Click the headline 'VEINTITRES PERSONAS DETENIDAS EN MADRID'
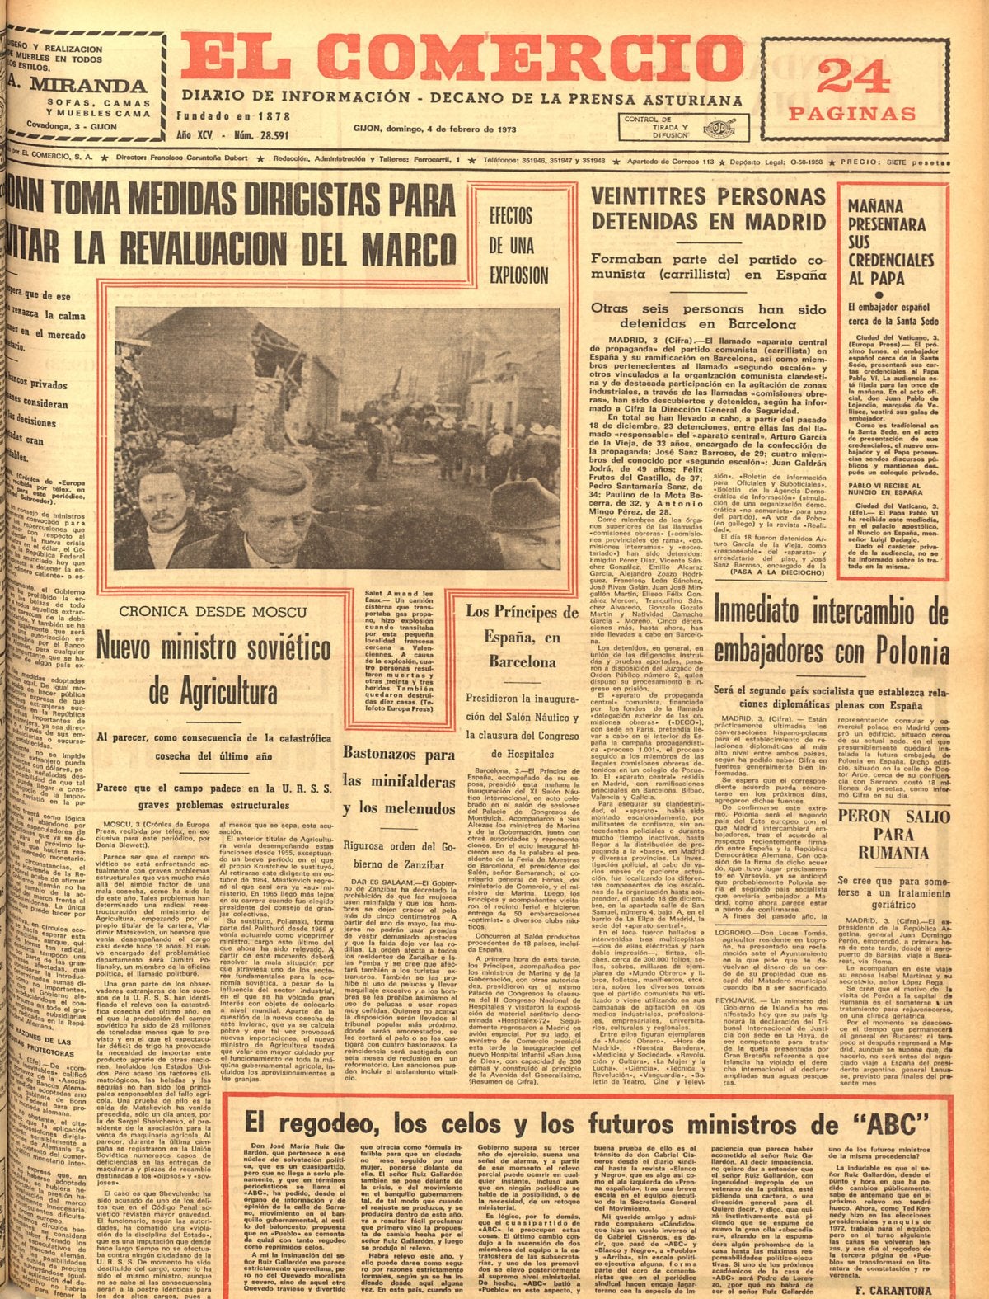click(709, 209)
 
